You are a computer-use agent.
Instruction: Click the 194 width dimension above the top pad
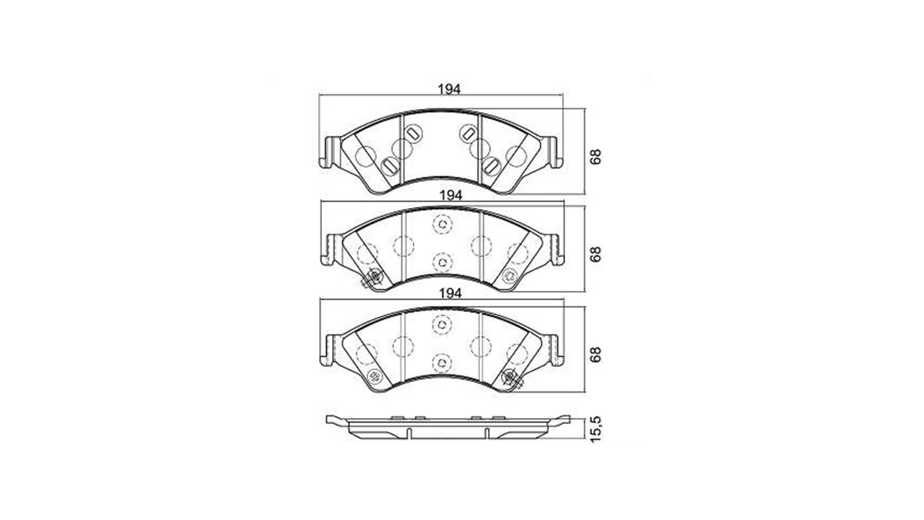[x=449, y=89]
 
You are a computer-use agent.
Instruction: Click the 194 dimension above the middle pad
[x=450, y=196]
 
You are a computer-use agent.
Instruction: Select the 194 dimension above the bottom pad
[x=450, y=293]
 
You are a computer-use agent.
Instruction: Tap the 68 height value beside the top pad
[x=596, y=157]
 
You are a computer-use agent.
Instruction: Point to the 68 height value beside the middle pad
[x=596, y=254]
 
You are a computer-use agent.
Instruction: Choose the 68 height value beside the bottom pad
[x=596, y=355]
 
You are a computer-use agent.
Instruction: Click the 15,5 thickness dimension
[x=596, y=430]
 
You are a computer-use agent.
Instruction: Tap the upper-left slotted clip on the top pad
[x=412, y=134]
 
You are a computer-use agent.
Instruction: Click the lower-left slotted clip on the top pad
[x=389, y=166]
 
